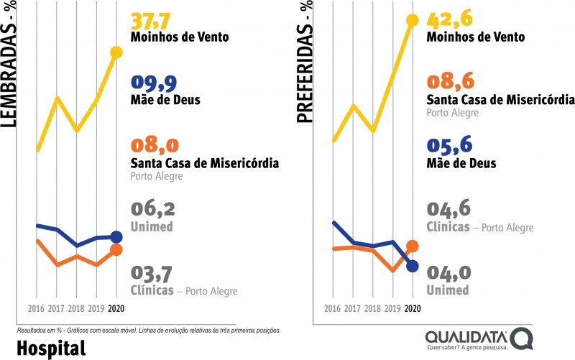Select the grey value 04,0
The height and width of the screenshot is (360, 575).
coord(448,273)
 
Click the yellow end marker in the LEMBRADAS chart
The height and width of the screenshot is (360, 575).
coord(116,52)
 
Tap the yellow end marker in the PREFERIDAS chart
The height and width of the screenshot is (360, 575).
coord(413,20)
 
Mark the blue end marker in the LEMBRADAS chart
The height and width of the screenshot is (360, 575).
coord(116,236)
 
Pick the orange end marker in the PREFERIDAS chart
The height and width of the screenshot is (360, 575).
coord(413,246)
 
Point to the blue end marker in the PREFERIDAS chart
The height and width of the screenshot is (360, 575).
coord(413,267)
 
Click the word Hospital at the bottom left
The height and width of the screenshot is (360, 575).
coord(50,348)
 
